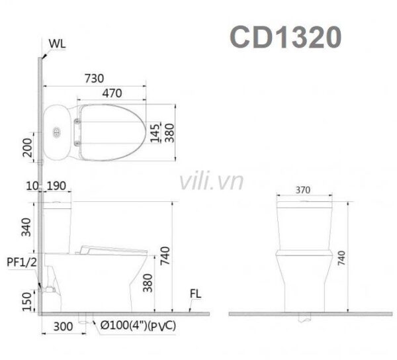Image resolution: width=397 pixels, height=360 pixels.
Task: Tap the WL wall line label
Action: (57, 45)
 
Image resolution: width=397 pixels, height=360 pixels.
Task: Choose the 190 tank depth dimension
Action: (56, 188)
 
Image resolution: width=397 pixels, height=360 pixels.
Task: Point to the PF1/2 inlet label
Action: (19, 263)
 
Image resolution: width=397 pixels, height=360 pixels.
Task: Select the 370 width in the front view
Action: (304, 189)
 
